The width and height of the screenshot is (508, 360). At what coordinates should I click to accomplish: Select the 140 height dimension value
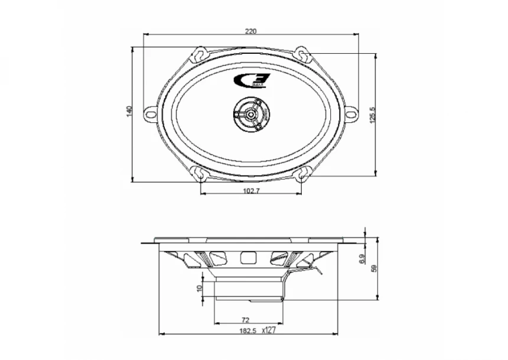click(129, 112)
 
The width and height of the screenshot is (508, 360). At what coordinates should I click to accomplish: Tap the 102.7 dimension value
click(252, 190)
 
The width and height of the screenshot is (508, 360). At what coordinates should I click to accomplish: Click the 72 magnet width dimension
click(246, 319)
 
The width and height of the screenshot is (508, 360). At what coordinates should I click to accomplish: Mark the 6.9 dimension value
click(362, 258)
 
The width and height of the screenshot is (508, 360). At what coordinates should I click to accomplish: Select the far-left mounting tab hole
click(150, 112)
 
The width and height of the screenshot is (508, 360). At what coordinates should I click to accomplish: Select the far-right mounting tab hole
click(352, 112)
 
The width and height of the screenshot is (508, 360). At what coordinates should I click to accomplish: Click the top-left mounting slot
click(200, 53)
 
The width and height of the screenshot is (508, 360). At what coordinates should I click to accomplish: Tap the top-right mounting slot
click(303, 53)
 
